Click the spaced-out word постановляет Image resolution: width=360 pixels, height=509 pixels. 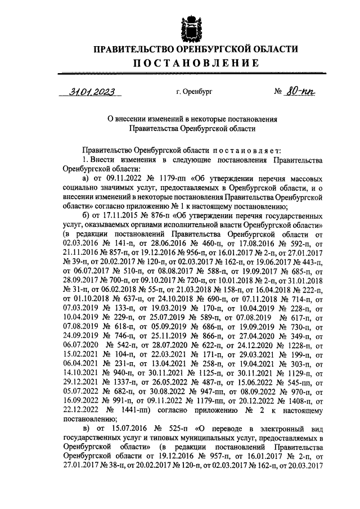point(241,151)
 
